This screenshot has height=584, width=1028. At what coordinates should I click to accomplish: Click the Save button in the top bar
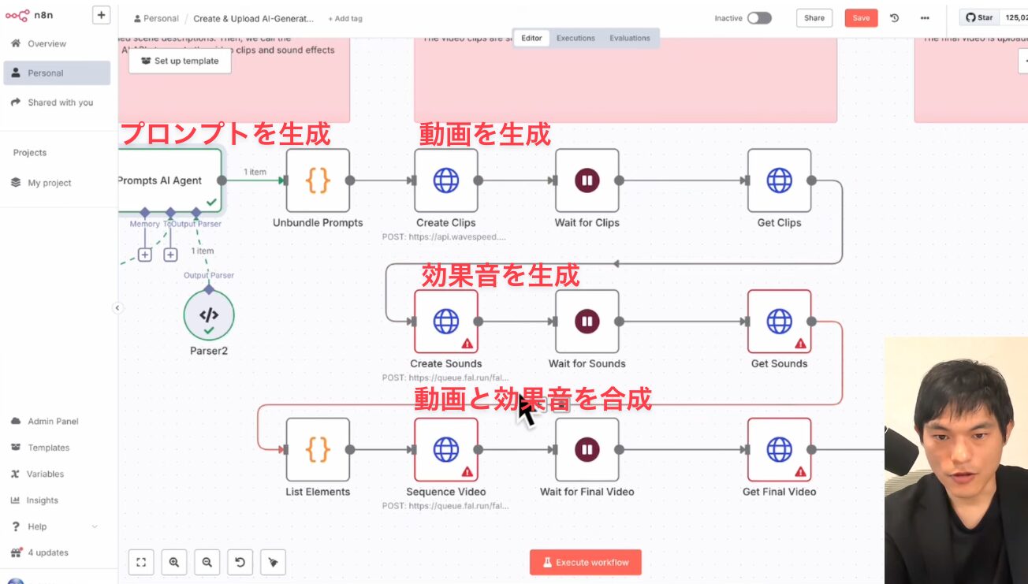861,18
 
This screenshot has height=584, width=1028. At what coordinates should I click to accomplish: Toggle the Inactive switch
759,18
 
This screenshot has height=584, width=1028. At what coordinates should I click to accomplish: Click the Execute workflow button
585,562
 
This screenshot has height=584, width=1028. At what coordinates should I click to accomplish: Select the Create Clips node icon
446,180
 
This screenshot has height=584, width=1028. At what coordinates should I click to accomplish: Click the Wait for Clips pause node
587,180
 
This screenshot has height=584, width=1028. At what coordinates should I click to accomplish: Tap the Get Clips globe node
779,180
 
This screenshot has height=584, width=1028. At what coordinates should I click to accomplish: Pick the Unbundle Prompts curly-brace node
318,180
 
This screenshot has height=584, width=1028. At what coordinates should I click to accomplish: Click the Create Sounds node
446,322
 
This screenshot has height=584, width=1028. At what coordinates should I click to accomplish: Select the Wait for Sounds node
587,322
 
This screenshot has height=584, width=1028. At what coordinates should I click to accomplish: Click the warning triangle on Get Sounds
800,344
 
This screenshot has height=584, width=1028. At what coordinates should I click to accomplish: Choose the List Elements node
318,449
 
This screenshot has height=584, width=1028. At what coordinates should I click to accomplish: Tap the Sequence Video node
446,449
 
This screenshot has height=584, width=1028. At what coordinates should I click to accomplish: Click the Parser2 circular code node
209,315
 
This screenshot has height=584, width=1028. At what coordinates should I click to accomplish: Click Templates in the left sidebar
48,448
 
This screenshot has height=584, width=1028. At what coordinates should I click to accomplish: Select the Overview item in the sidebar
47,44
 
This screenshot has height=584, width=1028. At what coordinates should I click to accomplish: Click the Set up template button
180,61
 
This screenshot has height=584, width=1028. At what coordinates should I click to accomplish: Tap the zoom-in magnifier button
174,562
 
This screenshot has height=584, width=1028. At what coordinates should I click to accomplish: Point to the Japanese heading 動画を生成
484,134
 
